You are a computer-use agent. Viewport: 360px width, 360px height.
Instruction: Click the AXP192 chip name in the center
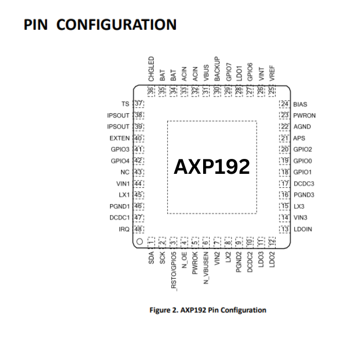point(212,167)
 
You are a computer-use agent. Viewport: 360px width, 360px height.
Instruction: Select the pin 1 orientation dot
point(139,241)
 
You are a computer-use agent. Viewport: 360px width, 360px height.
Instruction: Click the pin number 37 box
point(138,104)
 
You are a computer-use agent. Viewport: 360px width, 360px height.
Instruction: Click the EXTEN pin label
point(119,138)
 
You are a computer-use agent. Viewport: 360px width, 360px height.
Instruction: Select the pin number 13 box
point(284,229)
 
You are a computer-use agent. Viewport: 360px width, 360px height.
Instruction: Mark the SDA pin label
point(151,258)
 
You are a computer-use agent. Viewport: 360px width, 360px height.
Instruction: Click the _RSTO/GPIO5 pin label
point(173,271)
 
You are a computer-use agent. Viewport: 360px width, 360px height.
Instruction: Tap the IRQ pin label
point(124,229)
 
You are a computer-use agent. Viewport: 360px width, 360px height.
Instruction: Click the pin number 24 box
point(284,104)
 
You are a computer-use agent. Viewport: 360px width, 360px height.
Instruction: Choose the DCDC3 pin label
point(304,184)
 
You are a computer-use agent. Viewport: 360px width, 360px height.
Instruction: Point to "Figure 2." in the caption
point(164,310)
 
